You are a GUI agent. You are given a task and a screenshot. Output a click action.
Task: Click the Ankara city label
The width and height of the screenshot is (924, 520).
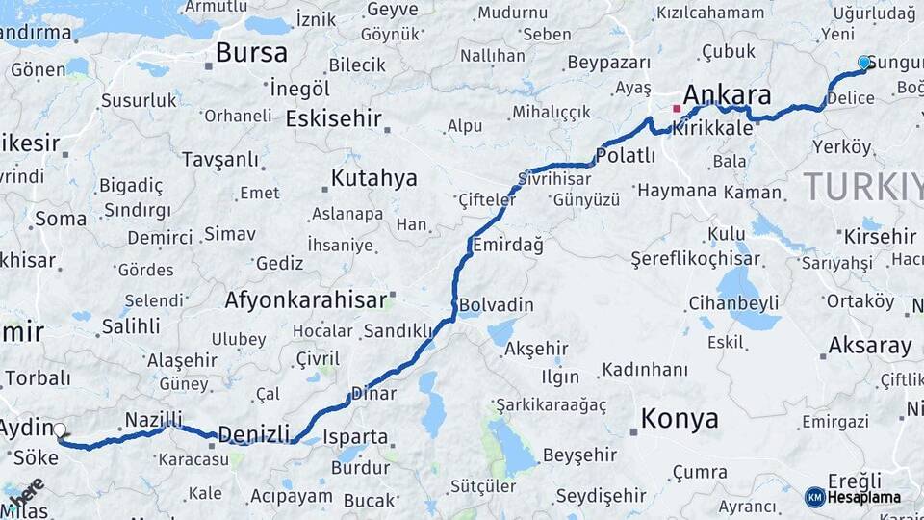tap(727, 95)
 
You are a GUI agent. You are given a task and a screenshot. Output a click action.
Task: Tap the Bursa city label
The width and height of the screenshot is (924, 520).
tap(251, 52)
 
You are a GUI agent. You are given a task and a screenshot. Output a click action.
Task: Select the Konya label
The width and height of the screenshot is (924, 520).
tap(680, 419)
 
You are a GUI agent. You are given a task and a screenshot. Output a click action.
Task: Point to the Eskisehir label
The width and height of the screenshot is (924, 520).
tap(334, 118)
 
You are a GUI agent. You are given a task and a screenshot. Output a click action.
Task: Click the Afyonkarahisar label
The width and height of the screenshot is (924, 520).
tap(306, 299)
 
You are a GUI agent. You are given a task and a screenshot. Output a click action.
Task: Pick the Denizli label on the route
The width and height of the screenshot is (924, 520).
tap(253, 434)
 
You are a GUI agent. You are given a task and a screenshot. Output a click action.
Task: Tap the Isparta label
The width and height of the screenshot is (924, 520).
tap(355, 437)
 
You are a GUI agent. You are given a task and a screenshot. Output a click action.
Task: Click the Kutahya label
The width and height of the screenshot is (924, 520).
tap(374, 178)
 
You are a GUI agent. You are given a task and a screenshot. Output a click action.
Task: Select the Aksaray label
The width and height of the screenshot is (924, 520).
tap(869, 346)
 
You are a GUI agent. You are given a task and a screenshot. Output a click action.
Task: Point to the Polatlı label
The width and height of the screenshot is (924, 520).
tap(626, 155)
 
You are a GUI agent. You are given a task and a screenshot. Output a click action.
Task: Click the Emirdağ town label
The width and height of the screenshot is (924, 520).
tap(507, 245)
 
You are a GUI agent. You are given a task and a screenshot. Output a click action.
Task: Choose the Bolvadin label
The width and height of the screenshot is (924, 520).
tap(496, 305)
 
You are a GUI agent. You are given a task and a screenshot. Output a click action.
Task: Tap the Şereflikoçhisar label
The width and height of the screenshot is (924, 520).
tap(695, 259)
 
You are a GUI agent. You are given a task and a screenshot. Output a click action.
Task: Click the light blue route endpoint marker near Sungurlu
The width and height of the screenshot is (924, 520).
tap(863, 63)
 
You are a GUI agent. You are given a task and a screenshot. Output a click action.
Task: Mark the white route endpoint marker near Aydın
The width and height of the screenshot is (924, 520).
tap(60, 430)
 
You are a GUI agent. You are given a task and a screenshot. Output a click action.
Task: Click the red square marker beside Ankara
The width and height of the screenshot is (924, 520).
tap(676, 109)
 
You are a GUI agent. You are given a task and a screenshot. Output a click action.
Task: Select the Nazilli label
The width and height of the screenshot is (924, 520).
tap(153, 420)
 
